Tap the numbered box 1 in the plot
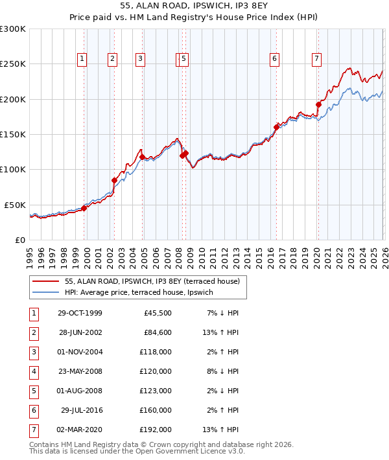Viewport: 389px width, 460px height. (x=82, y=59)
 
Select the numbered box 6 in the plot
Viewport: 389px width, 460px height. (x=274, y=59)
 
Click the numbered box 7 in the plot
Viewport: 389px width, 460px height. (x=316, y=59)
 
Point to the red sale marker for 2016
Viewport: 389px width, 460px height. (x=276, y=127)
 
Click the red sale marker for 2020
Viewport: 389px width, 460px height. (x=318, y=104)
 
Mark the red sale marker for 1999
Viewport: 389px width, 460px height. (x=84, y=208)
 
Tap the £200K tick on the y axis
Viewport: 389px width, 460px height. (x=13, y=99)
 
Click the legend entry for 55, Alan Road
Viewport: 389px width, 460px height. (x=152, y=281)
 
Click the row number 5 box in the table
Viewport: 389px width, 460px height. (x=32, y=391)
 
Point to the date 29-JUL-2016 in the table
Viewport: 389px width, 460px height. (x=80, y=410)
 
